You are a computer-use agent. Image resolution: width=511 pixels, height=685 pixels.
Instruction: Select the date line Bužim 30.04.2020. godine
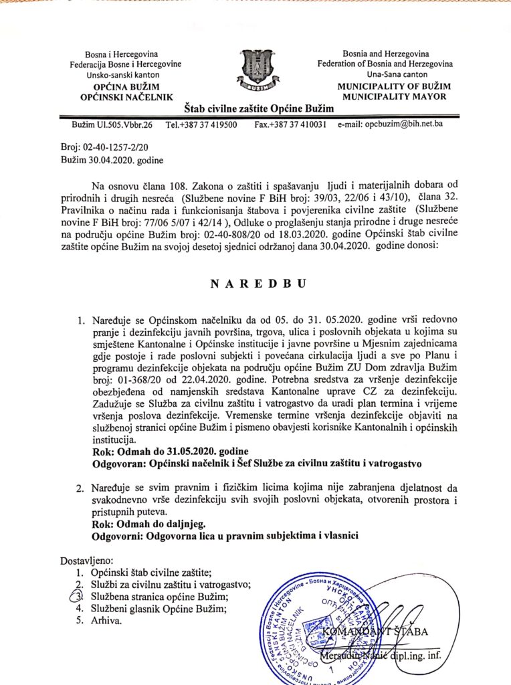click(x=112, y=160)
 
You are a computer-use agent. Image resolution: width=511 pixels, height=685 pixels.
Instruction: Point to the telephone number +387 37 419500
click(x=201, y=124)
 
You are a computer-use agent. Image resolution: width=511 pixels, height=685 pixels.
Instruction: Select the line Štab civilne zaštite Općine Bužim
click(x=255, y=108)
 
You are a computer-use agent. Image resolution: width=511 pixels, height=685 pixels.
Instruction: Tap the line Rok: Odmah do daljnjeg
click(x=140, y=524)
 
